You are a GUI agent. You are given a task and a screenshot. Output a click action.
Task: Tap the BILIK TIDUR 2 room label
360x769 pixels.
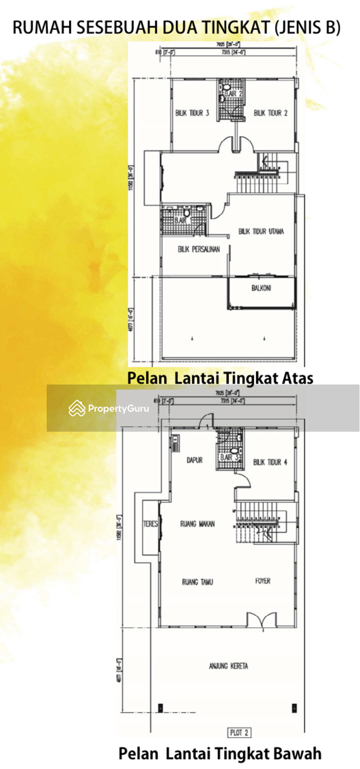(271, 113)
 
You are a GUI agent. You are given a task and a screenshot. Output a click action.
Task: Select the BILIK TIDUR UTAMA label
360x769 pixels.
(261, 232)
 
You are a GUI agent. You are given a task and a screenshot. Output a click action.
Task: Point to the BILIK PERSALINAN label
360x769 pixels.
(199, 250)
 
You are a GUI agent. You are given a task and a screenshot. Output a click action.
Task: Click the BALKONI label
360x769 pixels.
(262, 288)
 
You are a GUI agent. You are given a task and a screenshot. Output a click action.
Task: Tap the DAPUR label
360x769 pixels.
(194, 460)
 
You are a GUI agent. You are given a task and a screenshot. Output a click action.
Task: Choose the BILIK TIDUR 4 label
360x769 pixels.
(270, 462)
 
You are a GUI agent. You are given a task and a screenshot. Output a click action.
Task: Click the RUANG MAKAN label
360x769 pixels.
(197, 524)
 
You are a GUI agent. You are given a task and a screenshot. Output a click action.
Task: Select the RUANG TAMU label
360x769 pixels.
(197, 582)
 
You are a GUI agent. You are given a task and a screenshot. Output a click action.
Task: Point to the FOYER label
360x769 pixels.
(263, 581)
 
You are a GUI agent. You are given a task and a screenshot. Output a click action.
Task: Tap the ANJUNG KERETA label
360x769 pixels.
(229, 666)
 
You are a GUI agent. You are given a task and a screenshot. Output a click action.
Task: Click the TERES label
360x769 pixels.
(150, 524)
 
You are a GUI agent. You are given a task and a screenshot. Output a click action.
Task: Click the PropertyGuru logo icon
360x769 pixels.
(77, 408)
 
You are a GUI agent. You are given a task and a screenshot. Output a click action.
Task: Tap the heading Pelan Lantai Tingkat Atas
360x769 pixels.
(220, 378)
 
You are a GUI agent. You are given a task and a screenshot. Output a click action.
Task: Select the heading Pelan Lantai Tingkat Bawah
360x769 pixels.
(220, 754)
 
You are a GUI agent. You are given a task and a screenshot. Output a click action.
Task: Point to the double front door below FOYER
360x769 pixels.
(262, 621)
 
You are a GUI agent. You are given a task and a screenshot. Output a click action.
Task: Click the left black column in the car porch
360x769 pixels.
(161, 708)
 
